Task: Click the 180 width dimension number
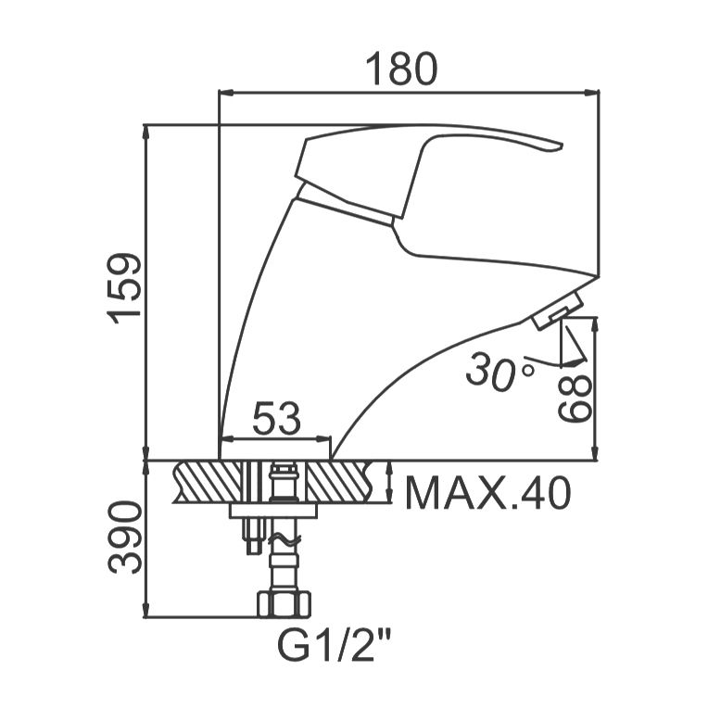tap(401, 70)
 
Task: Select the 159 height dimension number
tap(124, 288)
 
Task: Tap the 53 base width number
tap(276, 418)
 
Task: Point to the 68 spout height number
tap(575, 398)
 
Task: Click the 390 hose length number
tap(125, 537)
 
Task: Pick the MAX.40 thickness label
tap(487, 493)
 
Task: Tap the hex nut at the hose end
tap(284, 603)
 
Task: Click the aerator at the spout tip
tap(557, 310)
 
